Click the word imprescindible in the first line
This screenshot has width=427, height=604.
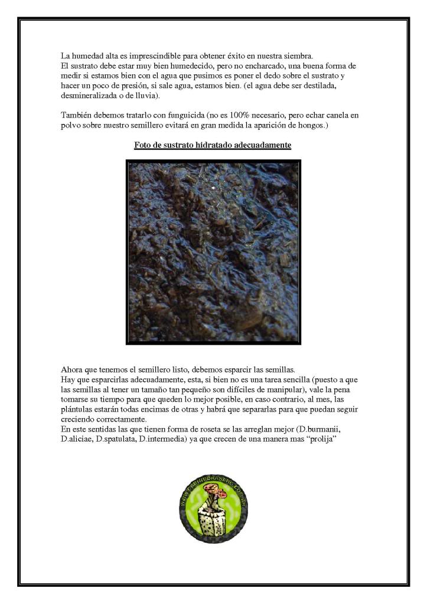pyautogui.click(x=157, y=55)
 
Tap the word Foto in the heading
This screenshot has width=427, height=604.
pyautogui.click(x=143, y=145)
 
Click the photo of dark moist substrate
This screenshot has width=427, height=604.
pyautogui.click(x=213, y=252)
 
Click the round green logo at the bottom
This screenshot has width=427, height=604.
pyautogui.click(x=213, y=509)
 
